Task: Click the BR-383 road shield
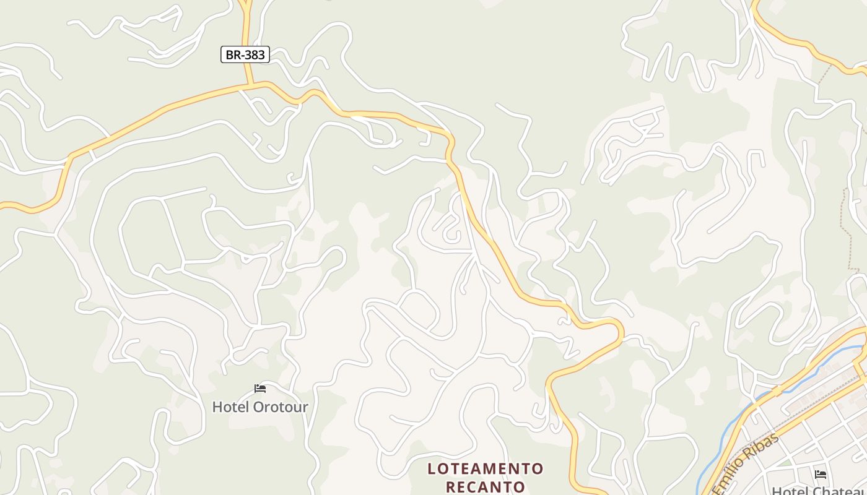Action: click(x=245, y=54)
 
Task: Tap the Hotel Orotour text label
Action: click(x=260, y=407)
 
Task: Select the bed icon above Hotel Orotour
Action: click(x=260, y=389)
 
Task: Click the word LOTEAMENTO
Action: click(x=486, y=469)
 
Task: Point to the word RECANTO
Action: click(x=486, y=487)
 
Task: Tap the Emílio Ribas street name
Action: click(x=746, y=464)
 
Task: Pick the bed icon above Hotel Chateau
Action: click(x=821, y=475)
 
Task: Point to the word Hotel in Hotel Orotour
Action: click(x=230, y=407)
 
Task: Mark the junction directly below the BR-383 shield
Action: click(x=249, y=85)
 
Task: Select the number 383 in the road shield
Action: click(x=254, y=54)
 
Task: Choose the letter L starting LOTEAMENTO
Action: click(x=432, y=469)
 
